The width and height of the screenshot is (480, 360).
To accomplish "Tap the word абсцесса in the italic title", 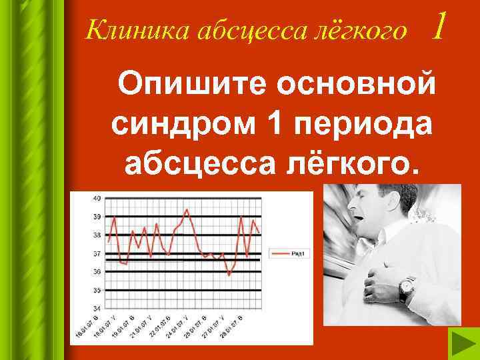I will [232, 30].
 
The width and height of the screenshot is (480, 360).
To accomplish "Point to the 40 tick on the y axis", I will [97, 198].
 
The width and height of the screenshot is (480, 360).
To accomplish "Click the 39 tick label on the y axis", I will [97, 217].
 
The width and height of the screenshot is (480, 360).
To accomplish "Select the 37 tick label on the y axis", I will [97, 253].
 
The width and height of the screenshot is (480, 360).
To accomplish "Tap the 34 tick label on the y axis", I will [97, 308].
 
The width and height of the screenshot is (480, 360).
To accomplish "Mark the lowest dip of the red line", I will [229, 274].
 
